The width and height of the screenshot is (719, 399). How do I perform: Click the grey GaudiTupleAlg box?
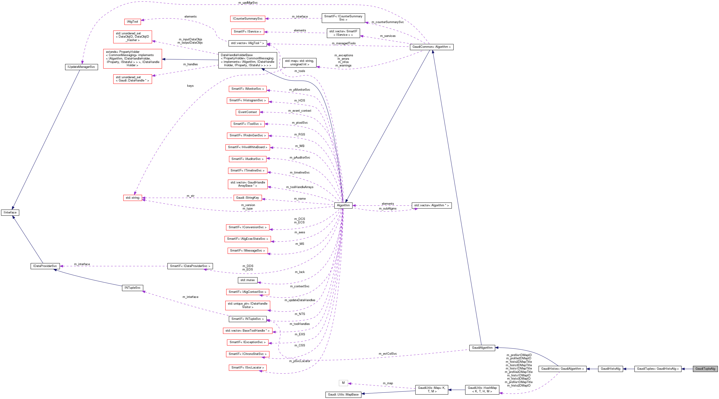(705, 369)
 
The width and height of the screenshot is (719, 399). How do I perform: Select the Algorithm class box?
(343, 205)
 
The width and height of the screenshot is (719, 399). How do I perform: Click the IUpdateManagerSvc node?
(81, 67)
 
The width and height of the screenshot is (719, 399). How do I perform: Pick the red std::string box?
(132, 198)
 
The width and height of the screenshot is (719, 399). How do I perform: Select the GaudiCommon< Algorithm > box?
(431, 47)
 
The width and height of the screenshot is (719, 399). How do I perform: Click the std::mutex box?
(247, 280)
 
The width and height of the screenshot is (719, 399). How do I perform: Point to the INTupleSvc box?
(132, 288)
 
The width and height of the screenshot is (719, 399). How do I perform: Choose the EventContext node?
(247, 112)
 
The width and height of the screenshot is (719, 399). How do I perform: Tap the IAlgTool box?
(132, 22)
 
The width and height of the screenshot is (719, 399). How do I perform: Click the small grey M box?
(343, 383)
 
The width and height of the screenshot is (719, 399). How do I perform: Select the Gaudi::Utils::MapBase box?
(343, 395)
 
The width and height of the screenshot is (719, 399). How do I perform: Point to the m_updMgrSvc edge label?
(248, 3)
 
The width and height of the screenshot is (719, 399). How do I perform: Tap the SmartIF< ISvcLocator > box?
(247, 368)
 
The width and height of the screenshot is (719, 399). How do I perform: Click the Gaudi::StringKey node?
(247, 198)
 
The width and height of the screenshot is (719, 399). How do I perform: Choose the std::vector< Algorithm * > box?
(431, 205)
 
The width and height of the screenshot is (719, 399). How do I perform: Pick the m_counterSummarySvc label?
(387, 22)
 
